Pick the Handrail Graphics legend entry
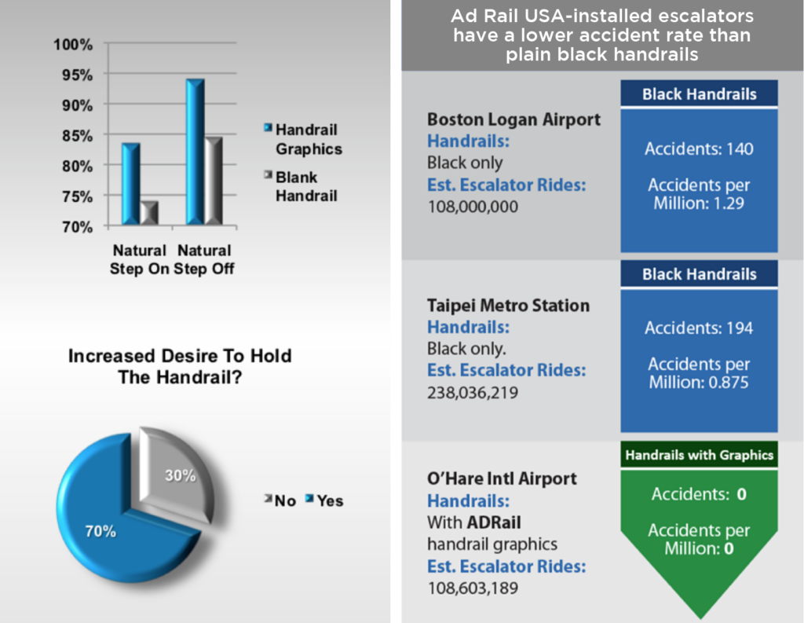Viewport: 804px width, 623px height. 309,139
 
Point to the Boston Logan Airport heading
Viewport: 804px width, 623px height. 513,119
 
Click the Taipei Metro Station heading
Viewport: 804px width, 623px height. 508,305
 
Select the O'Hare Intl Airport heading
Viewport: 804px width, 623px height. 502,478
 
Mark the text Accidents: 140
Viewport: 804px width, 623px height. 699,148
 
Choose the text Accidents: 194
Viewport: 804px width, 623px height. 699,328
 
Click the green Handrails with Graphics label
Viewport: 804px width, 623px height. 698,454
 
